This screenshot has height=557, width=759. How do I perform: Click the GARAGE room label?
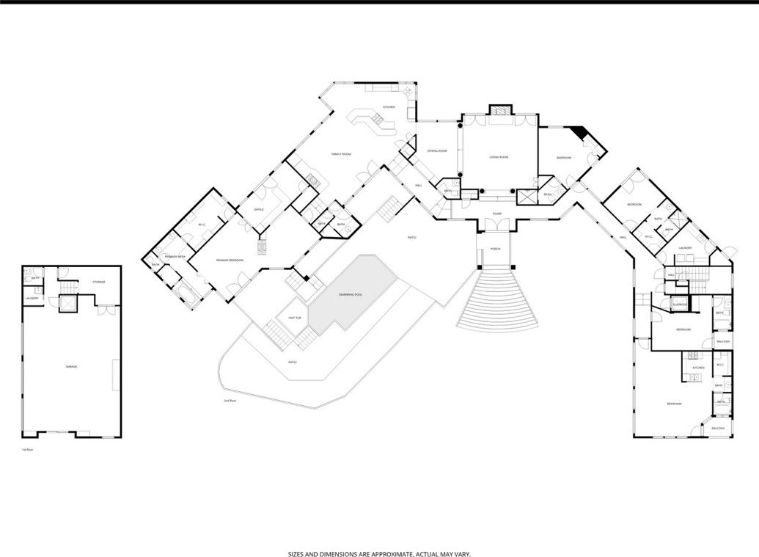tap(71, 366)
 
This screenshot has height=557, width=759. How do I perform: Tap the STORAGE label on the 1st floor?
tap(99, 282)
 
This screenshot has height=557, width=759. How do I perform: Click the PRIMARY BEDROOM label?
tap(230, 260)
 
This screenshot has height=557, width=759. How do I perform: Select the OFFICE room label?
tap(258, 210)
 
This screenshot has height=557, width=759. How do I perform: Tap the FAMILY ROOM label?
tap(342, 154)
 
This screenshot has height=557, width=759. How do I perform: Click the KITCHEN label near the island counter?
tap(389, 107)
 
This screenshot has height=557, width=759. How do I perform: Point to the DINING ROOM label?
tap(437, 150)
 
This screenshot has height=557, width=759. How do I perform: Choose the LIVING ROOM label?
tap(499, 156)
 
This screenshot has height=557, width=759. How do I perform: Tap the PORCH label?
tap(496, 250)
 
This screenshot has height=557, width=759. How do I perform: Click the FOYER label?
tap(496, 214)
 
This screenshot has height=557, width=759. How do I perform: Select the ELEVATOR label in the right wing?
tap(680, 303)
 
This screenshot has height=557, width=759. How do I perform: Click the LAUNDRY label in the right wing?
tap(685, 248)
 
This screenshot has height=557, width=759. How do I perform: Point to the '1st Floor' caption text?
tap(28, 449)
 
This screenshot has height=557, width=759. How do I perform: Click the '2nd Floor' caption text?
tap(230, 401)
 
